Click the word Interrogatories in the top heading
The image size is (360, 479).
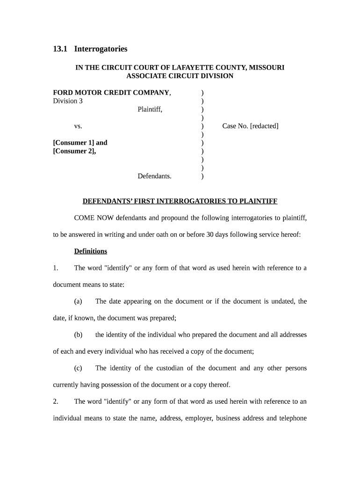click(101, 49)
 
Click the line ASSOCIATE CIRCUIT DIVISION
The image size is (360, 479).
click(180, 76)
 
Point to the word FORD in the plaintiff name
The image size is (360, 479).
click(63, 93)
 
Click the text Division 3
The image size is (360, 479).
click(68, 101)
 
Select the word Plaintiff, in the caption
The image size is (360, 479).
click(150, 109)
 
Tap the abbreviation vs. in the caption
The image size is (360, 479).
click(78, 126)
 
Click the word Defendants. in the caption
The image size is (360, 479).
click(154, 176)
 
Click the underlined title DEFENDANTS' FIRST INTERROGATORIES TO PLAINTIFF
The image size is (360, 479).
click(180, 201)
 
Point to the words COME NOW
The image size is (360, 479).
click(94, 218)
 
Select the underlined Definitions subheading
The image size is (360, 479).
click(91, 251)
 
